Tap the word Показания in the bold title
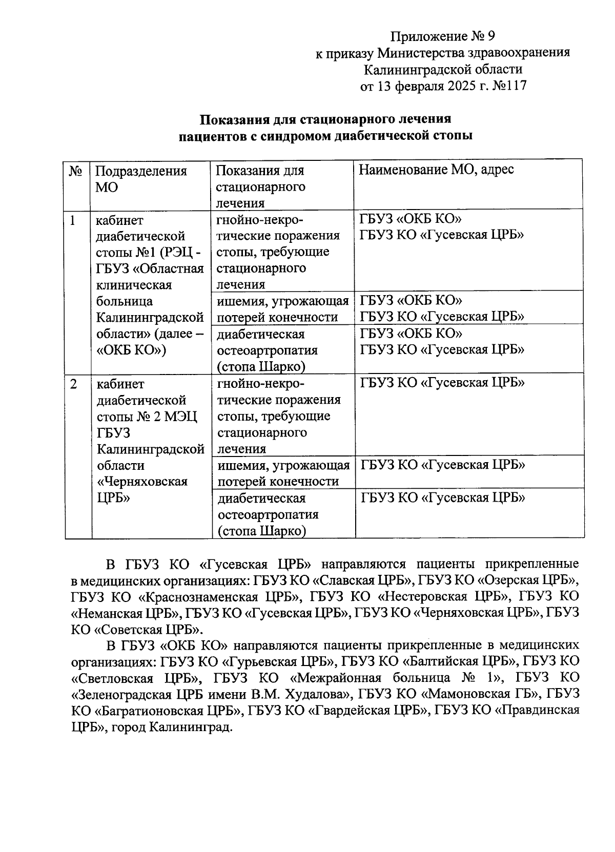pos(233,119)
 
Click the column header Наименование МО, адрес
pos(436,170)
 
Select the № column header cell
pos(76,171)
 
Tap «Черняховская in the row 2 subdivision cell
pos(142,482)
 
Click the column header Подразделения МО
pos(141,178)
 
